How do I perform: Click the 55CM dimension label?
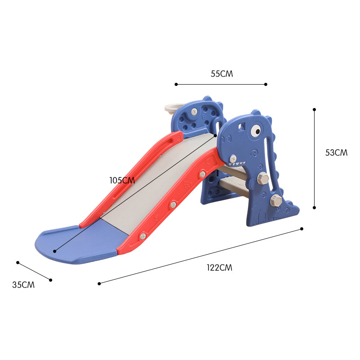pos(222,74)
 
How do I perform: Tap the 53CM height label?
pos(336,153)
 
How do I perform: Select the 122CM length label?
pos(220,267)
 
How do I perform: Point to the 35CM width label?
pos(23,284)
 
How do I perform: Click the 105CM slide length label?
pos(122,180)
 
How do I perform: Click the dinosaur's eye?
pos(256,131)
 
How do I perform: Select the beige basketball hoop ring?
pos(171,108)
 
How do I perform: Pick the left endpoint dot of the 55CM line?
pos(176,84)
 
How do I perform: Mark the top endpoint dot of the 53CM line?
pos(314,109)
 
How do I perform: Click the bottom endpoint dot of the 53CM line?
pos(314,207)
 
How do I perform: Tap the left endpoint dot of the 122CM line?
pos(99,283)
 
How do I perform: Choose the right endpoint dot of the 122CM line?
pos(301,229)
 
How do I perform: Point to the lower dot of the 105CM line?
pos(55,251)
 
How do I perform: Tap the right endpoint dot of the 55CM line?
pos(266,84)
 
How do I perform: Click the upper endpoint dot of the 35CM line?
pos(18,262)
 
